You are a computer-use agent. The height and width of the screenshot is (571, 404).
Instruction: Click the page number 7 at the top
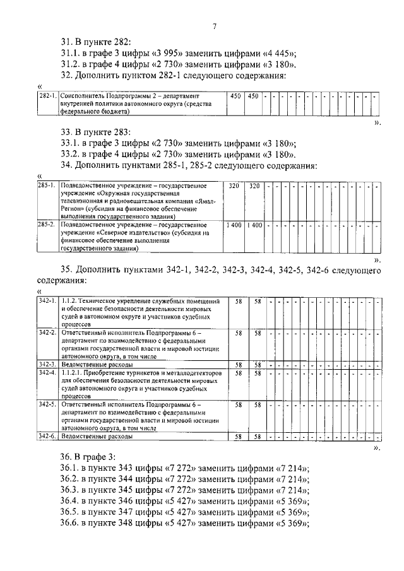pos(215,26)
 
